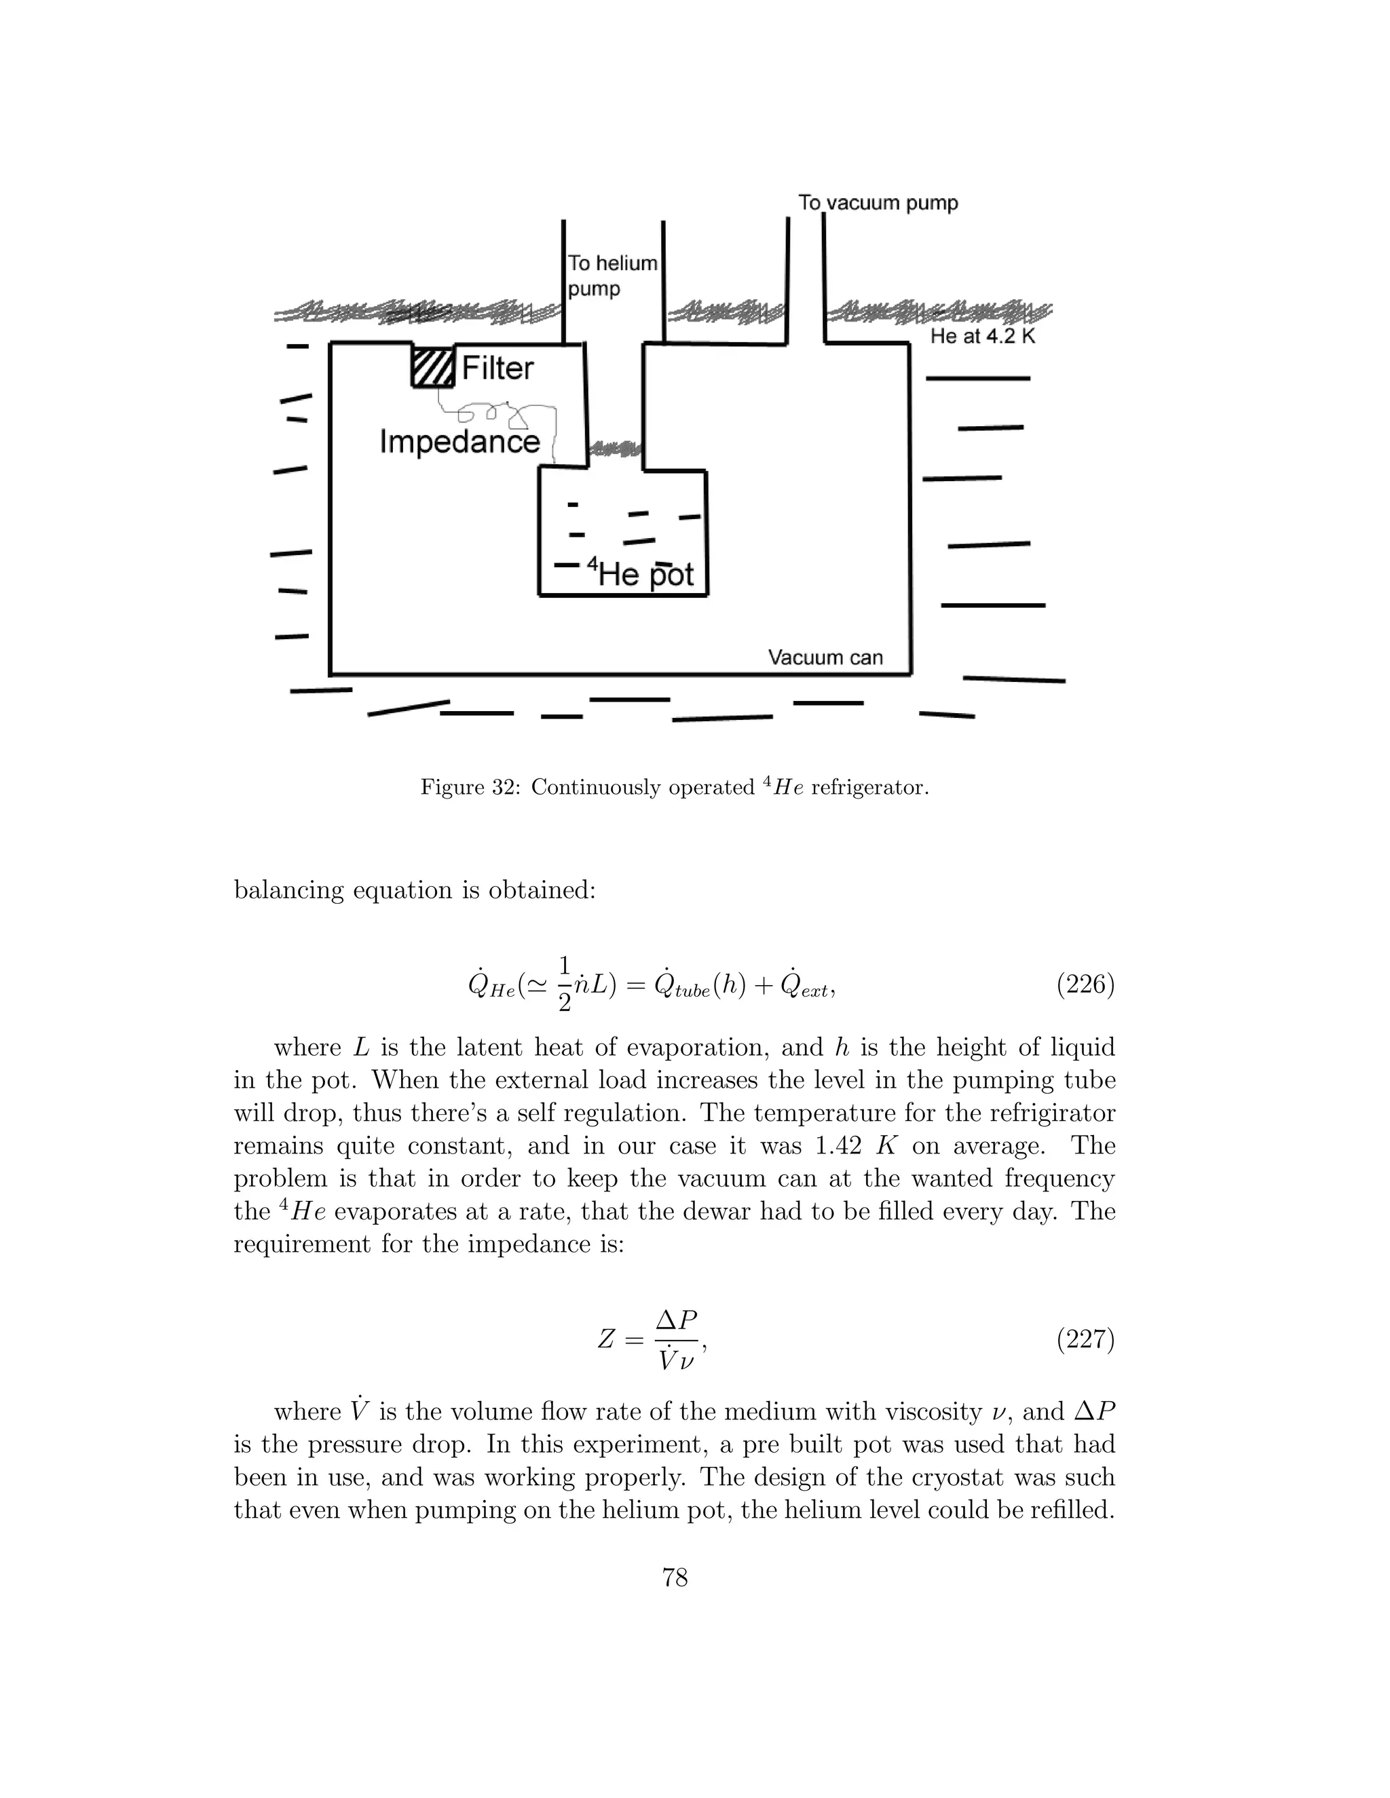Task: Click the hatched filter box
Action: pyautogui.click(x=433, y=366)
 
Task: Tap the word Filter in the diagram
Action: pyautogui.click(x=497, y=368)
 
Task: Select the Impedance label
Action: pyautogui.click(x=459, y=442)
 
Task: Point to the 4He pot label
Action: pyautogui.click(x=641, y=573)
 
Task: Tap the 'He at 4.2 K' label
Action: pyautogui.click(x=982, y=336)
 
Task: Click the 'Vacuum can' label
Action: pyautogui.click(x=825, y=657)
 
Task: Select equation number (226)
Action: pyautogui.click(x=1085, y=984)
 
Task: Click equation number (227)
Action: pyautogui.click(x=1085, y=1339)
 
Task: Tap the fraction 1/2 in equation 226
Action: pyautogui.click(x=564, y=984)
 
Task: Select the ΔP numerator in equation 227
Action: pyautogui.click(x=676, y=1320)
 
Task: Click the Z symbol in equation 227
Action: pyautogui.click(x=606, y=1340)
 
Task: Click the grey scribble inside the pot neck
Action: pyautogui.click(x=616, y=448)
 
